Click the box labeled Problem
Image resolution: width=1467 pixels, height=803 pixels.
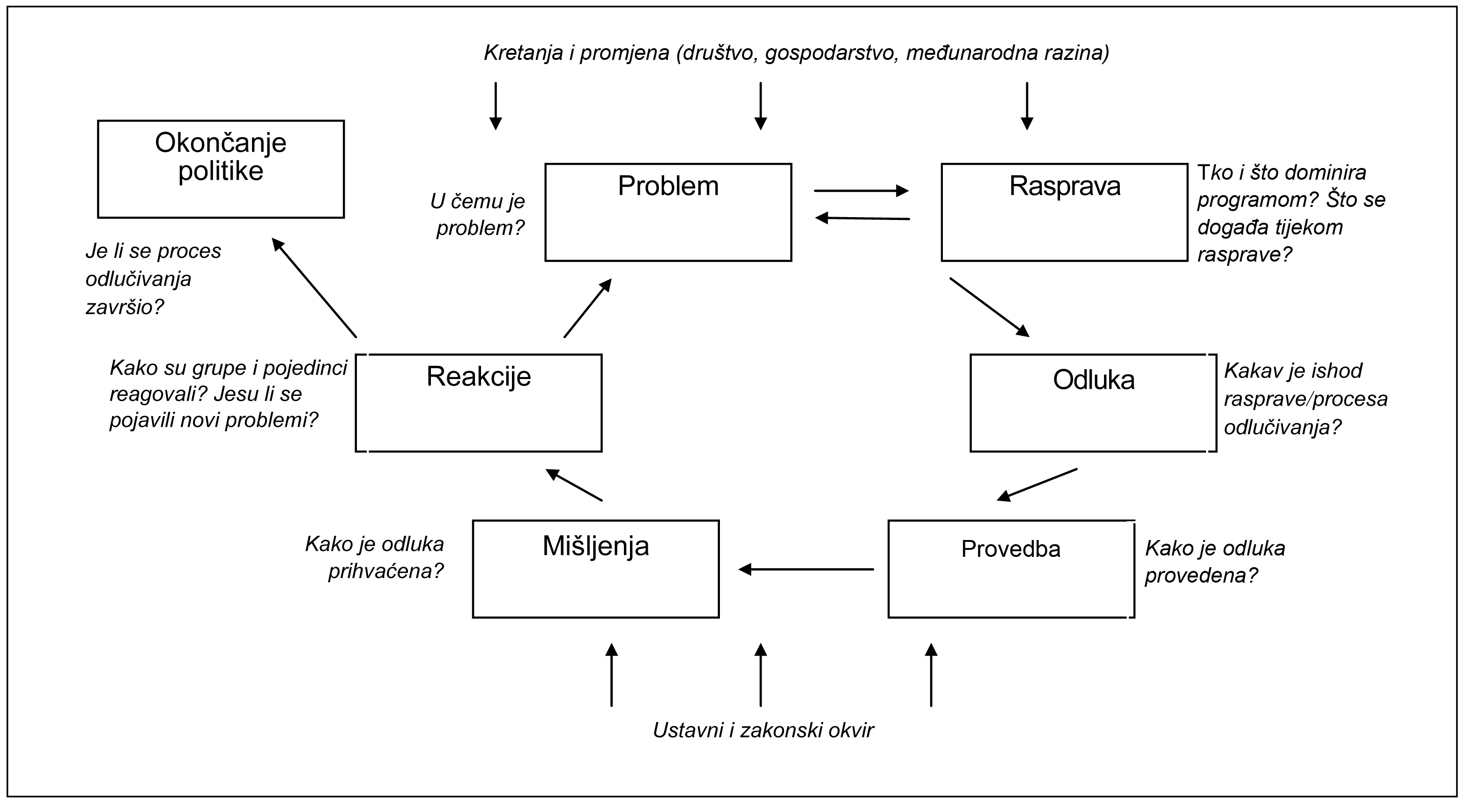click(x=668, y=212)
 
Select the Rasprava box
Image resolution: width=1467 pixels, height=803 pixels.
click(x=1064, y=212)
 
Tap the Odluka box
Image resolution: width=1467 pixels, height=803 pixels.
click(x=1093, y=403)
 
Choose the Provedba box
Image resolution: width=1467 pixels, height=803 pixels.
click(x=1011, y=569)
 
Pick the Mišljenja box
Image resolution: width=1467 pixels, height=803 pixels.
click(x=596, y=569)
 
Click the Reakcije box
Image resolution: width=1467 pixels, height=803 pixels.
click(x=478, y=403)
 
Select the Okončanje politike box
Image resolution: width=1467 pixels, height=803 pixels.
click(x=221, y=169)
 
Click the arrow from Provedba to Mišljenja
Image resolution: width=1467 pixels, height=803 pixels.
click(x=806, y=569)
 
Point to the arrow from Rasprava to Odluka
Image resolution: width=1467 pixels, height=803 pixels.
click(x=989, y=307)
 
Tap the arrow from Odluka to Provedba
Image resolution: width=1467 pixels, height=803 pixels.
click(x=1037, y=485)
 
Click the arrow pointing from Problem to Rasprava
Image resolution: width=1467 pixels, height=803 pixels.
click(x=861, y=190)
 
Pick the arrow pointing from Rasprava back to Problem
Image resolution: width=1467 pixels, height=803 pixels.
click(x=862, y=218)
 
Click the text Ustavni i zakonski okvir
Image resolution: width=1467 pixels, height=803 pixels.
click(x=763, y=730)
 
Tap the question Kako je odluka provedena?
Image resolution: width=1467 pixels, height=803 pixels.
click(x=1215, y=562)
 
